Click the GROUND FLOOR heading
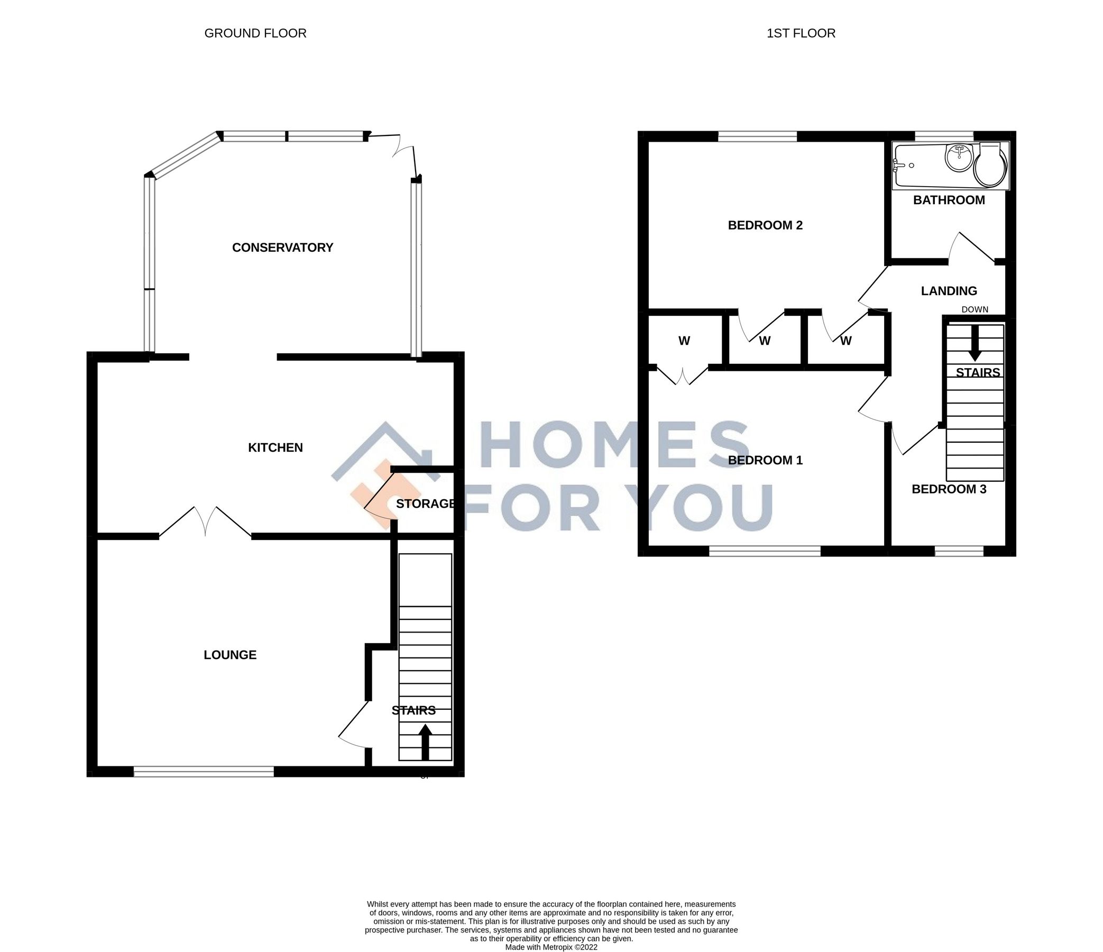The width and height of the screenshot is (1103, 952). (255, 33)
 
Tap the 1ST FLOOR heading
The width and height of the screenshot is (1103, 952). (801, 33)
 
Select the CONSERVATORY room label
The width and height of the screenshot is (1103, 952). (282, 248)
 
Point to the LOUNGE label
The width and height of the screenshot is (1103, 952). (230, 655)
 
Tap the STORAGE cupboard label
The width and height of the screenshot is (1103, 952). (425, 504)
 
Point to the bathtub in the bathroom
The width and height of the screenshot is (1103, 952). (920, 166)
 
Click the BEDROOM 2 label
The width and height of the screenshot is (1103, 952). (765, 225)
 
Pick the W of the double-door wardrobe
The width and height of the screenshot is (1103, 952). (684, 341)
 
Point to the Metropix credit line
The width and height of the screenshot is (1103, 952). (551, 947)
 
